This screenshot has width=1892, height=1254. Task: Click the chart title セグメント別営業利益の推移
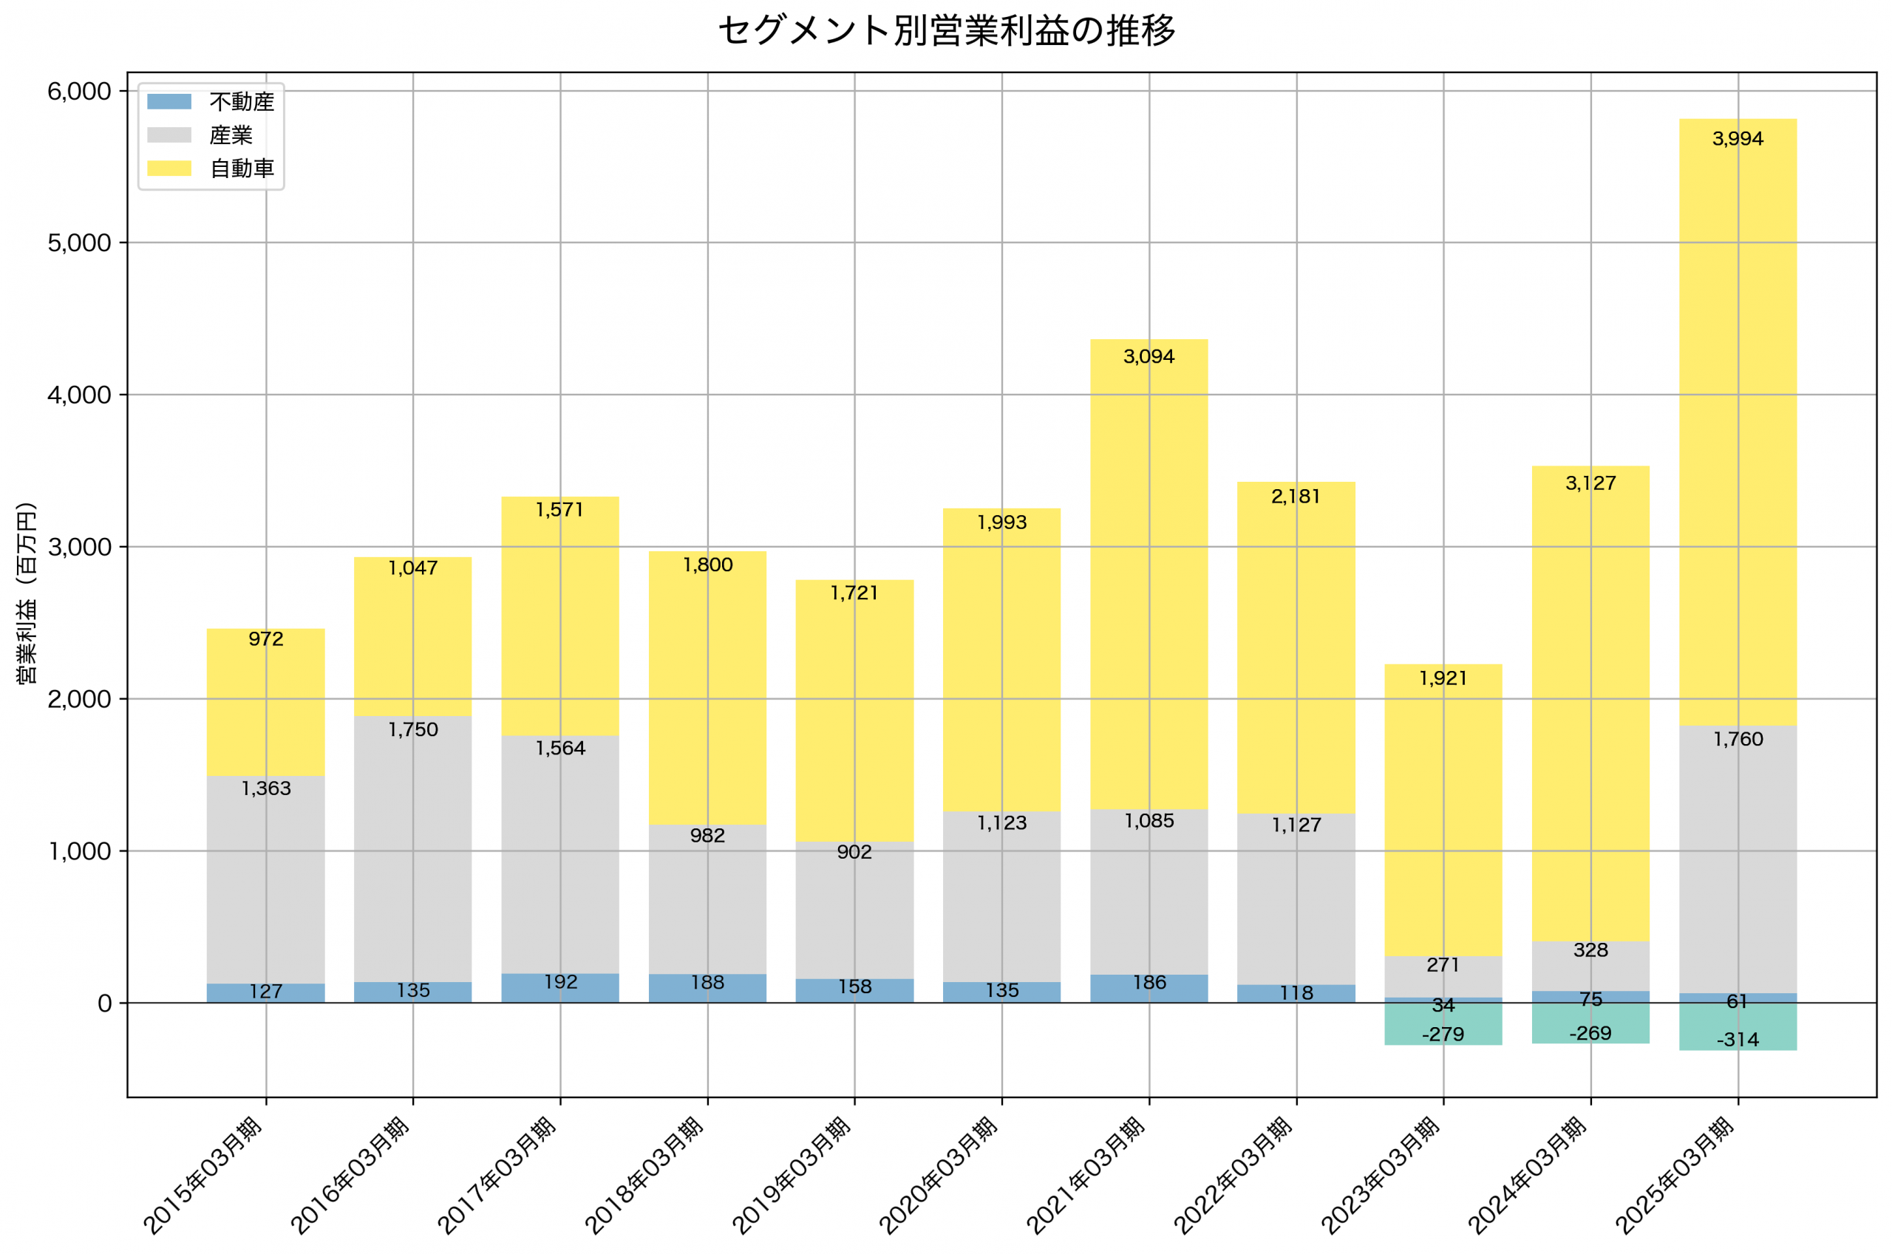(x=946, y=31)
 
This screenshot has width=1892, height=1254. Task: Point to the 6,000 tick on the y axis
(x=79, y=91)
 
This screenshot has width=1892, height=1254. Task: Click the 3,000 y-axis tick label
(x=79, y=547)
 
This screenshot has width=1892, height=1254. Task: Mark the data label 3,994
(x=1737, y=139)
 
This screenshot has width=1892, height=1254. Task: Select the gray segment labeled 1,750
(x=412, y=848)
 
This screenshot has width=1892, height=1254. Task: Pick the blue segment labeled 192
(x=559, y=989)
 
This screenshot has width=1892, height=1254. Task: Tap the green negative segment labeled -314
(x=1737, y=1027)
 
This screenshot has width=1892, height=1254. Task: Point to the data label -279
(x=1443, y=1034)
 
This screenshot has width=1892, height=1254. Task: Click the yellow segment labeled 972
(x=265, y=703)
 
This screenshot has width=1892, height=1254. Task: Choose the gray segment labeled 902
(x=854, y=912)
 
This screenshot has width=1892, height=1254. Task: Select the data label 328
(x=1590, y=950)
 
